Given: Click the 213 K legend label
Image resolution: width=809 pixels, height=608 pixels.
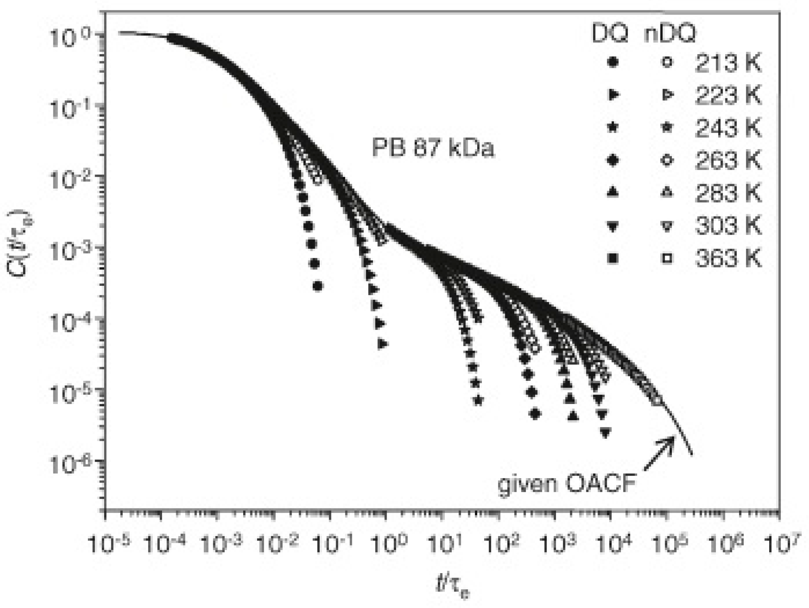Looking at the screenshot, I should [x=727, y=63].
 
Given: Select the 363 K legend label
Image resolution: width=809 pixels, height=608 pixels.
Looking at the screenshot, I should [x=727, y=259].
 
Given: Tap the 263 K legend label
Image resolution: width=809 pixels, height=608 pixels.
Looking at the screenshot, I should [x=727, y=161].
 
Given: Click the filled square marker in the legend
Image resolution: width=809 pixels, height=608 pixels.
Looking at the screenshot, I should [x=612, y=259].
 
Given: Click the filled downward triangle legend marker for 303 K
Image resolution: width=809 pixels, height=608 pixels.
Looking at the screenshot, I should [x=612, y=227].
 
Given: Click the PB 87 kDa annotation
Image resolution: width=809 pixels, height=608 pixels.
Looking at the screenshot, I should [x=433, y=148].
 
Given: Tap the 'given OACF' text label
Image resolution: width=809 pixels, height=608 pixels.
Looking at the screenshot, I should [x=566, y=484].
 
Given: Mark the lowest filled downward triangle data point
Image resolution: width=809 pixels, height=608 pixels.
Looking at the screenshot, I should [x=605, y=433].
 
